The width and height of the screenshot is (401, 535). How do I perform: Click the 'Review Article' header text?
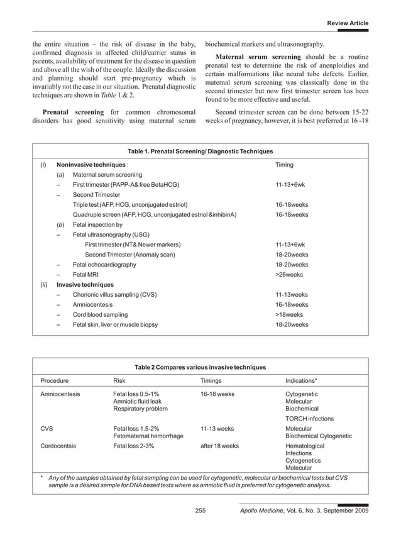pyautogui.click(x=348, y=23)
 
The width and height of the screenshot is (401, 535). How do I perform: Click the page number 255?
pyautogui.click(x=200, y=511)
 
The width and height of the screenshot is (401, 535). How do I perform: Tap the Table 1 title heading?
pyautogui.click(x=200, y=152)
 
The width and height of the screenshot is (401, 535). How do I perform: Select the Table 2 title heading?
pyautogui.click(x=200, y=367)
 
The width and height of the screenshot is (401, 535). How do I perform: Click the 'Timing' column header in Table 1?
pyautogui.click(x=285, y=165)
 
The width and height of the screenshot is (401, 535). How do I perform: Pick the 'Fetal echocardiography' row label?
pyautogui.click(x=104, y=265)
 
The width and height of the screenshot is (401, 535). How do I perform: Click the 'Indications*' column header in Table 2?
pyautogui.click(x=301, y=380)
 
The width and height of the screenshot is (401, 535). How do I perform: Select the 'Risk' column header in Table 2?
pyautogui.click(x=119, y=380)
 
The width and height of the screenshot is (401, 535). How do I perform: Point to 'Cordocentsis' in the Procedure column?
pyautogui.click(x=58, y=446)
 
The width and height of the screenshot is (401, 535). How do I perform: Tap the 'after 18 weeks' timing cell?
pyautogui.click(x=219, y=446)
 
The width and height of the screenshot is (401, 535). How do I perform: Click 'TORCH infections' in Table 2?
pyautogui.click(x=309, y=419)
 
